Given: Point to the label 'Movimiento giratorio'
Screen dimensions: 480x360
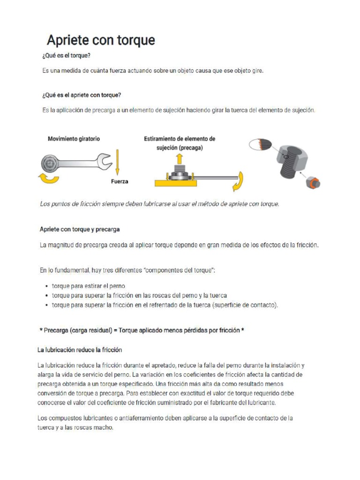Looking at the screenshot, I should (74, 139).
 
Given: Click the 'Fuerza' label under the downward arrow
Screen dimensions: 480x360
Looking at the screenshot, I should (120, 181).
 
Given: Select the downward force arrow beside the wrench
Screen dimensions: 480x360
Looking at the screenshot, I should (117, 162).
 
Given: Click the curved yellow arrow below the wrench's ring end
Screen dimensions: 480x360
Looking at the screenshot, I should (48, 178).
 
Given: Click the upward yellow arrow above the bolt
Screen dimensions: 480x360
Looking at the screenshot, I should (179, 159).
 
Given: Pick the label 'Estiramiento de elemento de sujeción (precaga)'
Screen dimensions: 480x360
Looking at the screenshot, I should (180, 143).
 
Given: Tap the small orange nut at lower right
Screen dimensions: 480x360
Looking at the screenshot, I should (314, 183).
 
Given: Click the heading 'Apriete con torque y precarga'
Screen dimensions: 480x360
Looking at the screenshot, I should (80, 229).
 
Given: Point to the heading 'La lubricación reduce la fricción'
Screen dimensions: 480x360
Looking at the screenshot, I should (80, 350).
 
